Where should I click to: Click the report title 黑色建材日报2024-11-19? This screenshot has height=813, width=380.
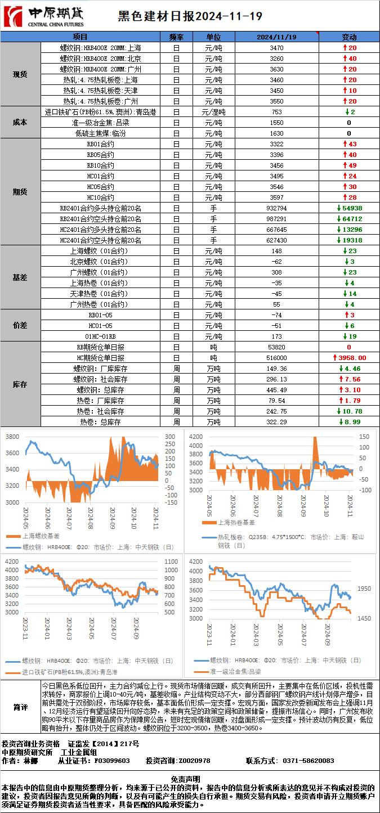point(190,16)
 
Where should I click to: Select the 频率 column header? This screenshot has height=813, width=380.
point(176,37)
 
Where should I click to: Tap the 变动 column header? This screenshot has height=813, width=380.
point(349,37)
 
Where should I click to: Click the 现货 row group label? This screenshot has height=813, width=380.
point(20,74)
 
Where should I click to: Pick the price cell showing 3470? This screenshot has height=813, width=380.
point(276,48)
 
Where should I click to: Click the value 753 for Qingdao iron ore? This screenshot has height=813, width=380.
point(276,112)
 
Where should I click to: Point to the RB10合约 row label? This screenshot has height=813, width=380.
point(100,165)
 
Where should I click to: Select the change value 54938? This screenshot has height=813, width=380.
point(349,208)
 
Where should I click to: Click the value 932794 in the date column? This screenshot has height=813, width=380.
point(276,208)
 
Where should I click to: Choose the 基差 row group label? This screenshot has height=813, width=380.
point(20,277)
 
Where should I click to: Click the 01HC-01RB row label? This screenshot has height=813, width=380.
point(100,336)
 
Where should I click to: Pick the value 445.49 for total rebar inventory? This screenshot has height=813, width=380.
point(276,390)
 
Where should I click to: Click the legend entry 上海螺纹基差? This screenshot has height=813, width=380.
point(42,536)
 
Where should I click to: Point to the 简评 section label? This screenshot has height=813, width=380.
point(20,707)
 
